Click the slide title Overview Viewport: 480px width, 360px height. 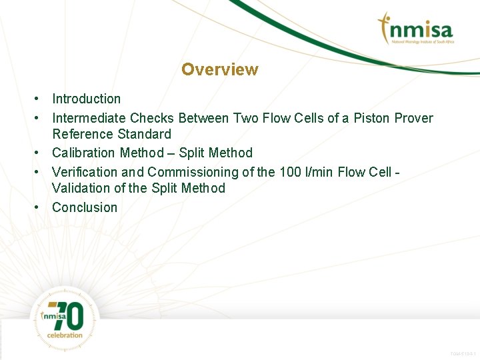219,69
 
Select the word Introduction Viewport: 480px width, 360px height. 87,99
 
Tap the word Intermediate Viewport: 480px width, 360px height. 89,118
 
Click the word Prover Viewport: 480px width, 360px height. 414,118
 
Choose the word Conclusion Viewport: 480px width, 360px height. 85,207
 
